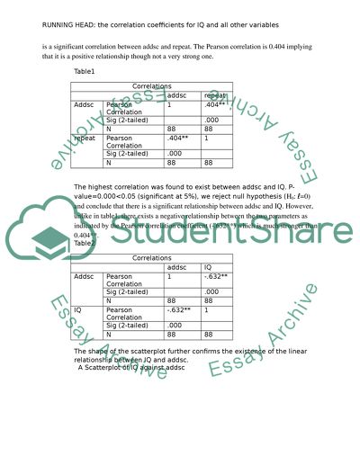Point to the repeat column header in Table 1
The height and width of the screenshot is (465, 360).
click(215, 94)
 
